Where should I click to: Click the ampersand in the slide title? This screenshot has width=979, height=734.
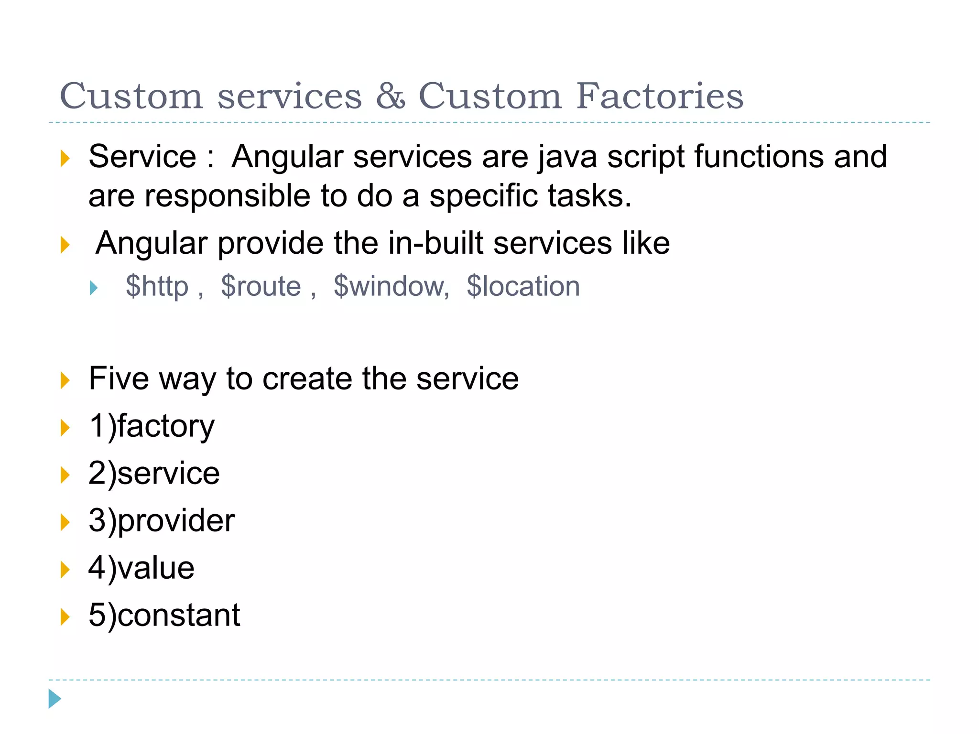391,96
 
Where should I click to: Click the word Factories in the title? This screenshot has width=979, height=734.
660,96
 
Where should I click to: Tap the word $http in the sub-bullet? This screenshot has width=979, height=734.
157,286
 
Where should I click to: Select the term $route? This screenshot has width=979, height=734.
261,286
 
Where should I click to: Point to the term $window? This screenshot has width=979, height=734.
391,286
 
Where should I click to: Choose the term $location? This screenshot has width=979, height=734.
523,286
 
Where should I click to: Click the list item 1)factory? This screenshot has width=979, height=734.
152,426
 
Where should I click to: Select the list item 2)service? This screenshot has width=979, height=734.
154,473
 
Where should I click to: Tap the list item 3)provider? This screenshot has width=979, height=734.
162,520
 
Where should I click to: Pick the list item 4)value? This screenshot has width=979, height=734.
141,568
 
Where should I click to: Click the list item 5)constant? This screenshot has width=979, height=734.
164,615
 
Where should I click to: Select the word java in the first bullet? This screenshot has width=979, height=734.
567,157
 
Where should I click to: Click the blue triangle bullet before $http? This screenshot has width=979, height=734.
94,288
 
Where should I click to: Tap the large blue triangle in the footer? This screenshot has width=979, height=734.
54,699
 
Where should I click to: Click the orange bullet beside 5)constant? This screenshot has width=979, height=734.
65,616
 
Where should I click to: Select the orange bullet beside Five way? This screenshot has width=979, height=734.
65,380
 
